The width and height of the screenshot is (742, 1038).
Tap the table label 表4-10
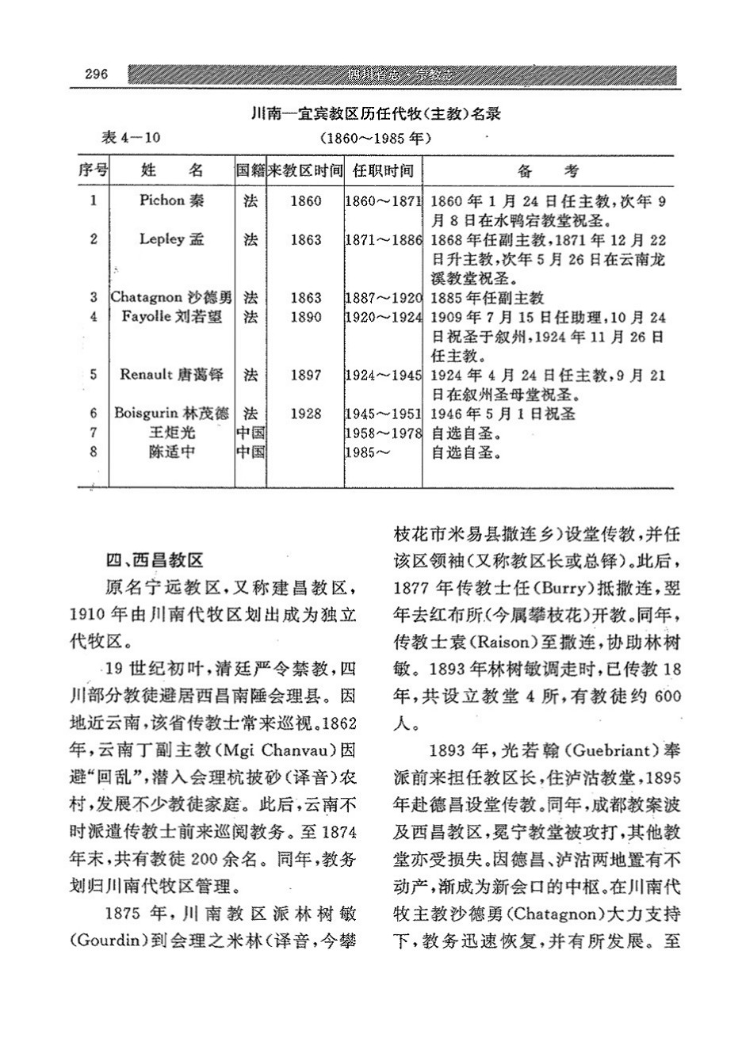click(x=132, y=136)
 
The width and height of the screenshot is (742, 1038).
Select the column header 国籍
click(x=250, y=170)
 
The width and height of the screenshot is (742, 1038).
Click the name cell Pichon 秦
click(x=172, y=201)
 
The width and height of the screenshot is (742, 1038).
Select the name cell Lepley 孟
click(x=172, y=239)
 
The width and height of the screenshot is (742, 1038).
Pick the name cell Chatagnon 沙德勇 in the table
click(x=172, y=298)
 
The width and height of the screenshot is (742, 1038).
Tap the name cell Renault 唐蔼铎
click(x=172, y=374)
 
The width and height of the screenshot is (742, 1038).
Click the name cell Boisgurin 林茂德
click(x=172, y=414)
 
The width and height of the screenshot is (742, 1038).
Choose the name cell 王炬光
click(x=172, y=433)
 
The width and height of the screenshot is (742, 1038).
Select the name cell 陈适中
click(x=172, y=453)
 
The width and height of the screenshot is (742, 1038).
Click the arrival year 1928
click(x=305, y=414)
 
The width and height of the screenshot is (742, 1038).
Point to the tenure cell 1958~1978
click(x=384, y=433)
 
